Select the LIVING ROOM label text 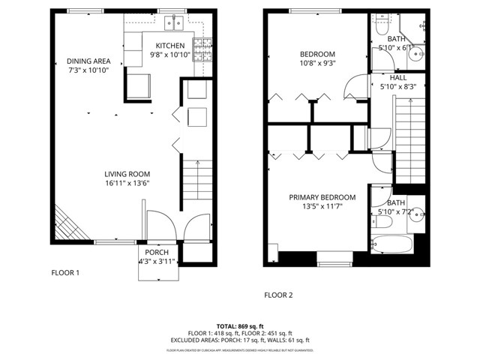pos(128,173)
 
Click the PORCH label pos(157,252)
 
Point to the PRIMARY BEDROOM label pos(322,197)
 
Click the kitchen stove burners pos(202,50)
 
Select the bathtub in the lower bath pos(391,244)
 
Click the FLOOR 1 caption pos(65,273)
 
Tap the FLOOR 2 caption pos(278,295)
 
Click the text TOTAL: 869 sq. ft pos(240,326)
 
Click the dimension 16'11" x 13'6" pos(128,183)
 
